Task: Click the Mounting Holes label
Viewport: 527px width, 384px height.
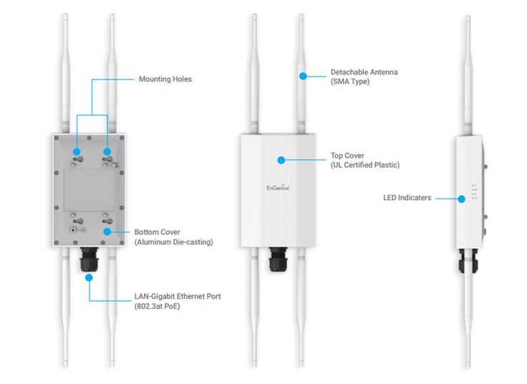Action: pyautogui.click(x=165, y=79)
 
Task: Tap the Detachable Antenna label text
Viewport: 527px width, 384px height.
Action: pyautogui.click(x=364, y=72)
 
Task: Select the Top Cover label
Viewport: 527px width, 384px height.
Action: pyautogui.click(x=347, y=155)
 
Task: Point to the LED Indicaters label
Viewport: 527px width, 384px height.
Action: pyautogui.click(x=407, y=198)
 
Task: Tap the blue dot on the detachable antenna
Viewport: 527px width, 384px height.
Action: pyautogui.click(x=304, y=75)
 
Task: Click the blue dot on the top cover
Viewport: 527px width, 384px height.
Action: pyautogui.click(x=281, y=160)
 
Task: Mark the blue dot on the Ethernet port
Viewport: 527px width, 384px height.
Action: pyautogui.click(x=90, y=277)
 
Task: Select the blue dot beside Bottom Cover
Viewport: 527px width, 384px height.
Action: pyautogui.click(x=107, y=231)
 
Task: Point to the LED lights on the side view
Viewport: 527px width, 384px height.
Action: pyautogui.click(x=473, y=191)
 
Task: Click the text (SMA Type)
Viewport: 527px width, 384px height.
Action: pyautogui.click(x=349, y=82)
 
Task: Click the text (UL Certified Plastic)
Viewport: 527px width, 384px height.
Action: pyautogui.click(x=364, y=165)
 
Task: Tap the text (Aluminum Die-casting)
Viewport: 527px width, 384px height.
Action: pyautogui.click(x=173, y=242)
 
